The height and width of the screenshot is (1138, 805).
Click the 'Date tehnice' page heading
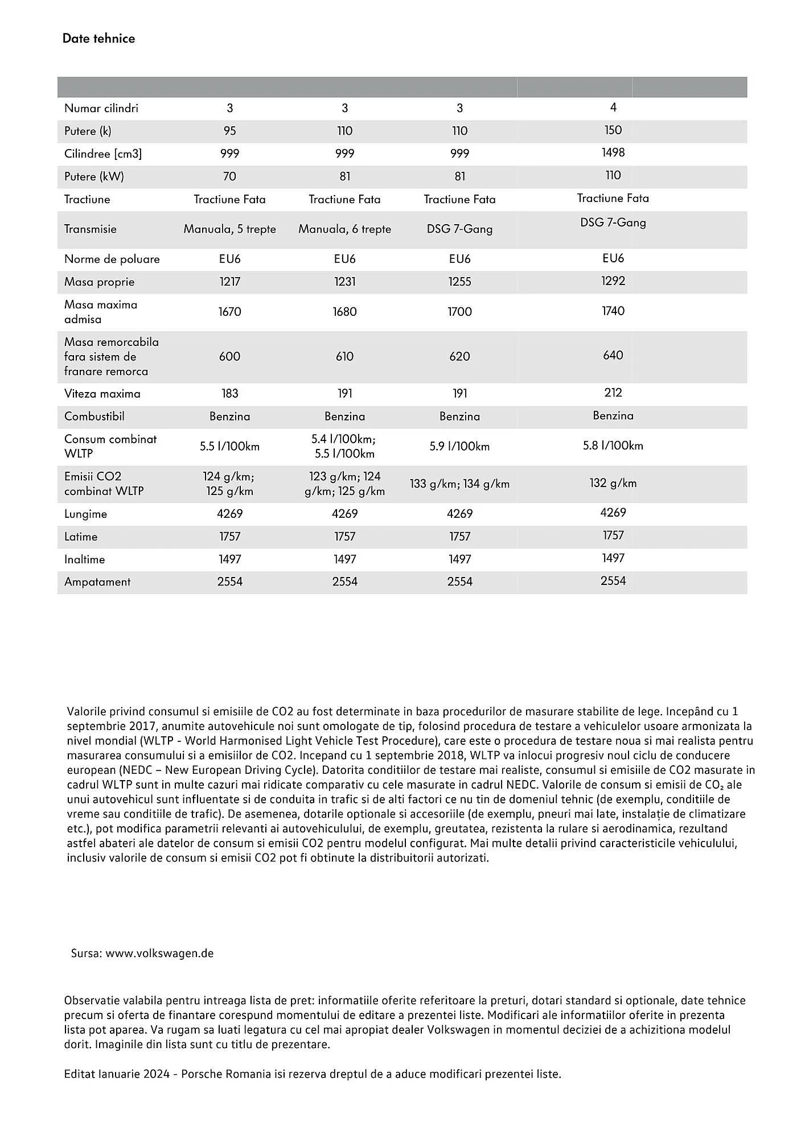tap(98, 39)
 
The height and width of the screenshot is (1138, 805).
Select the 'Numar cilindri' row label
tap(101, 108)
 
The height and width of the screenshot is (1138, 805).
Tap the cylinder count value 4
tap(613, 108)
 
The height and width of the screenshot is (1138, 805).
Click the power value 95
tap(229, 131)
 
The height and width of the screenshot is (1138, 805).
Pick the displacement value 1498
tap(613, 152)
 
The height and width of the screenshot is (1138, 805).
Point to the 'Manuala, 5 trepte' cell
tap(229, 229)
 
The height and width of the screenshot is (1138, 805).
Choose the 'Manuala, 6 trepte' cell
tap(344, 229)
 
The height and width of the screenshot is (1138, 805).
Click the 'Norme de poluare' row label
tap(112, 259)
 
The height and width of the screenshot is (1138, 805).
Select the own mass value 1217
tap(229, 282)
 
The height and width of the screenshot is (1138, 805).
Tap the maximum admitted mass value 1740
tap(613, 311)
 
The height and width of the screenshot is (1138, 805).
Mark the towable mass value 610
tap(344, 357)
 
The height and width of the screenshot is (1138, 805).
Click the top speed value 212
tap(613, 393)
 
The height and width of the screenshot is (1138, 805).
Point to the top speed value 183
tap(229, 394)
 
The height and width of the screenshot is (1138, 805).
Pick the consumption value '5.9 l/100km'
tap(459, 446)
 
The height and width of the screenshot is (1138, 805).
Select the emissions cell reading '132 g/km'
tap(613, 483)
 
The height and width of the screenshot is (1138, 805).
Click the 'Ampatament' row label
tap(97, 582)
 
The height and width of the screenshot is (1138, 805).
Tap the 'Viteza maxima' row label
tap(102, 394)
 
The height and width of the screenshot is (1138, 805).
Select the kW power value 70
tap(229, 176)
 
